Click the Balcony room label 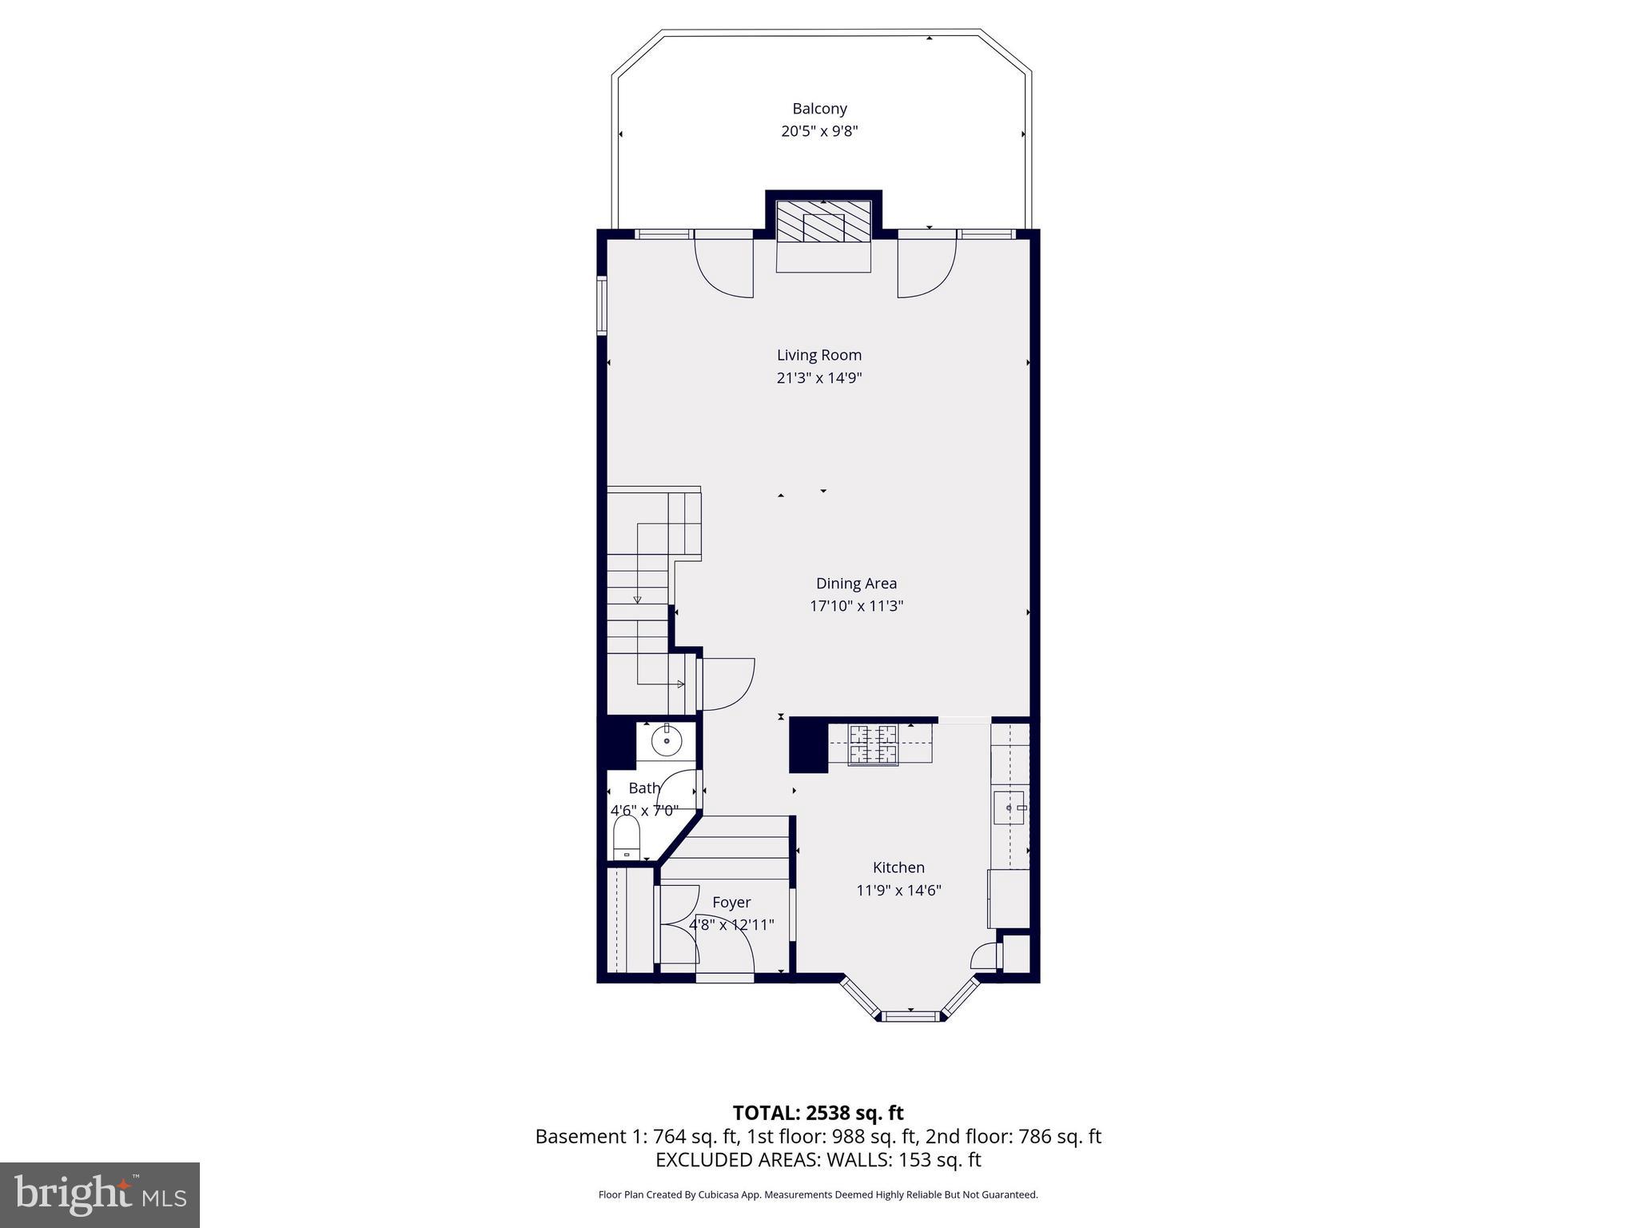(819, 109)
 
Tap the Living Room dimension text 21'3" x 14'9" (819, 377)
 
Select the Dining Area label (856, 584)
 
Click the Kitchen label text (898, 867)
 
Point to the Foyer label (731, 903)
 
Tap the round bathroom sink (666, 741)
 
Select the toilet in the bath (627, 838)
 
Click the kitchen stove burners (873, 744)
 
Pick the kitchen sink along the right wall (1010, 808)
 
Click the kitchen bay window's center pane (910, 1016)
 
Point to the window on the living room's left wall (602, 305)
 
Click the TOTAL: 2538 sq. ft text (818, 1113)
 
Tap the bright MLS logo (100, 1194)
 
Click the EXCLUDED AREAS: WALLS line (818, 1160)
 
